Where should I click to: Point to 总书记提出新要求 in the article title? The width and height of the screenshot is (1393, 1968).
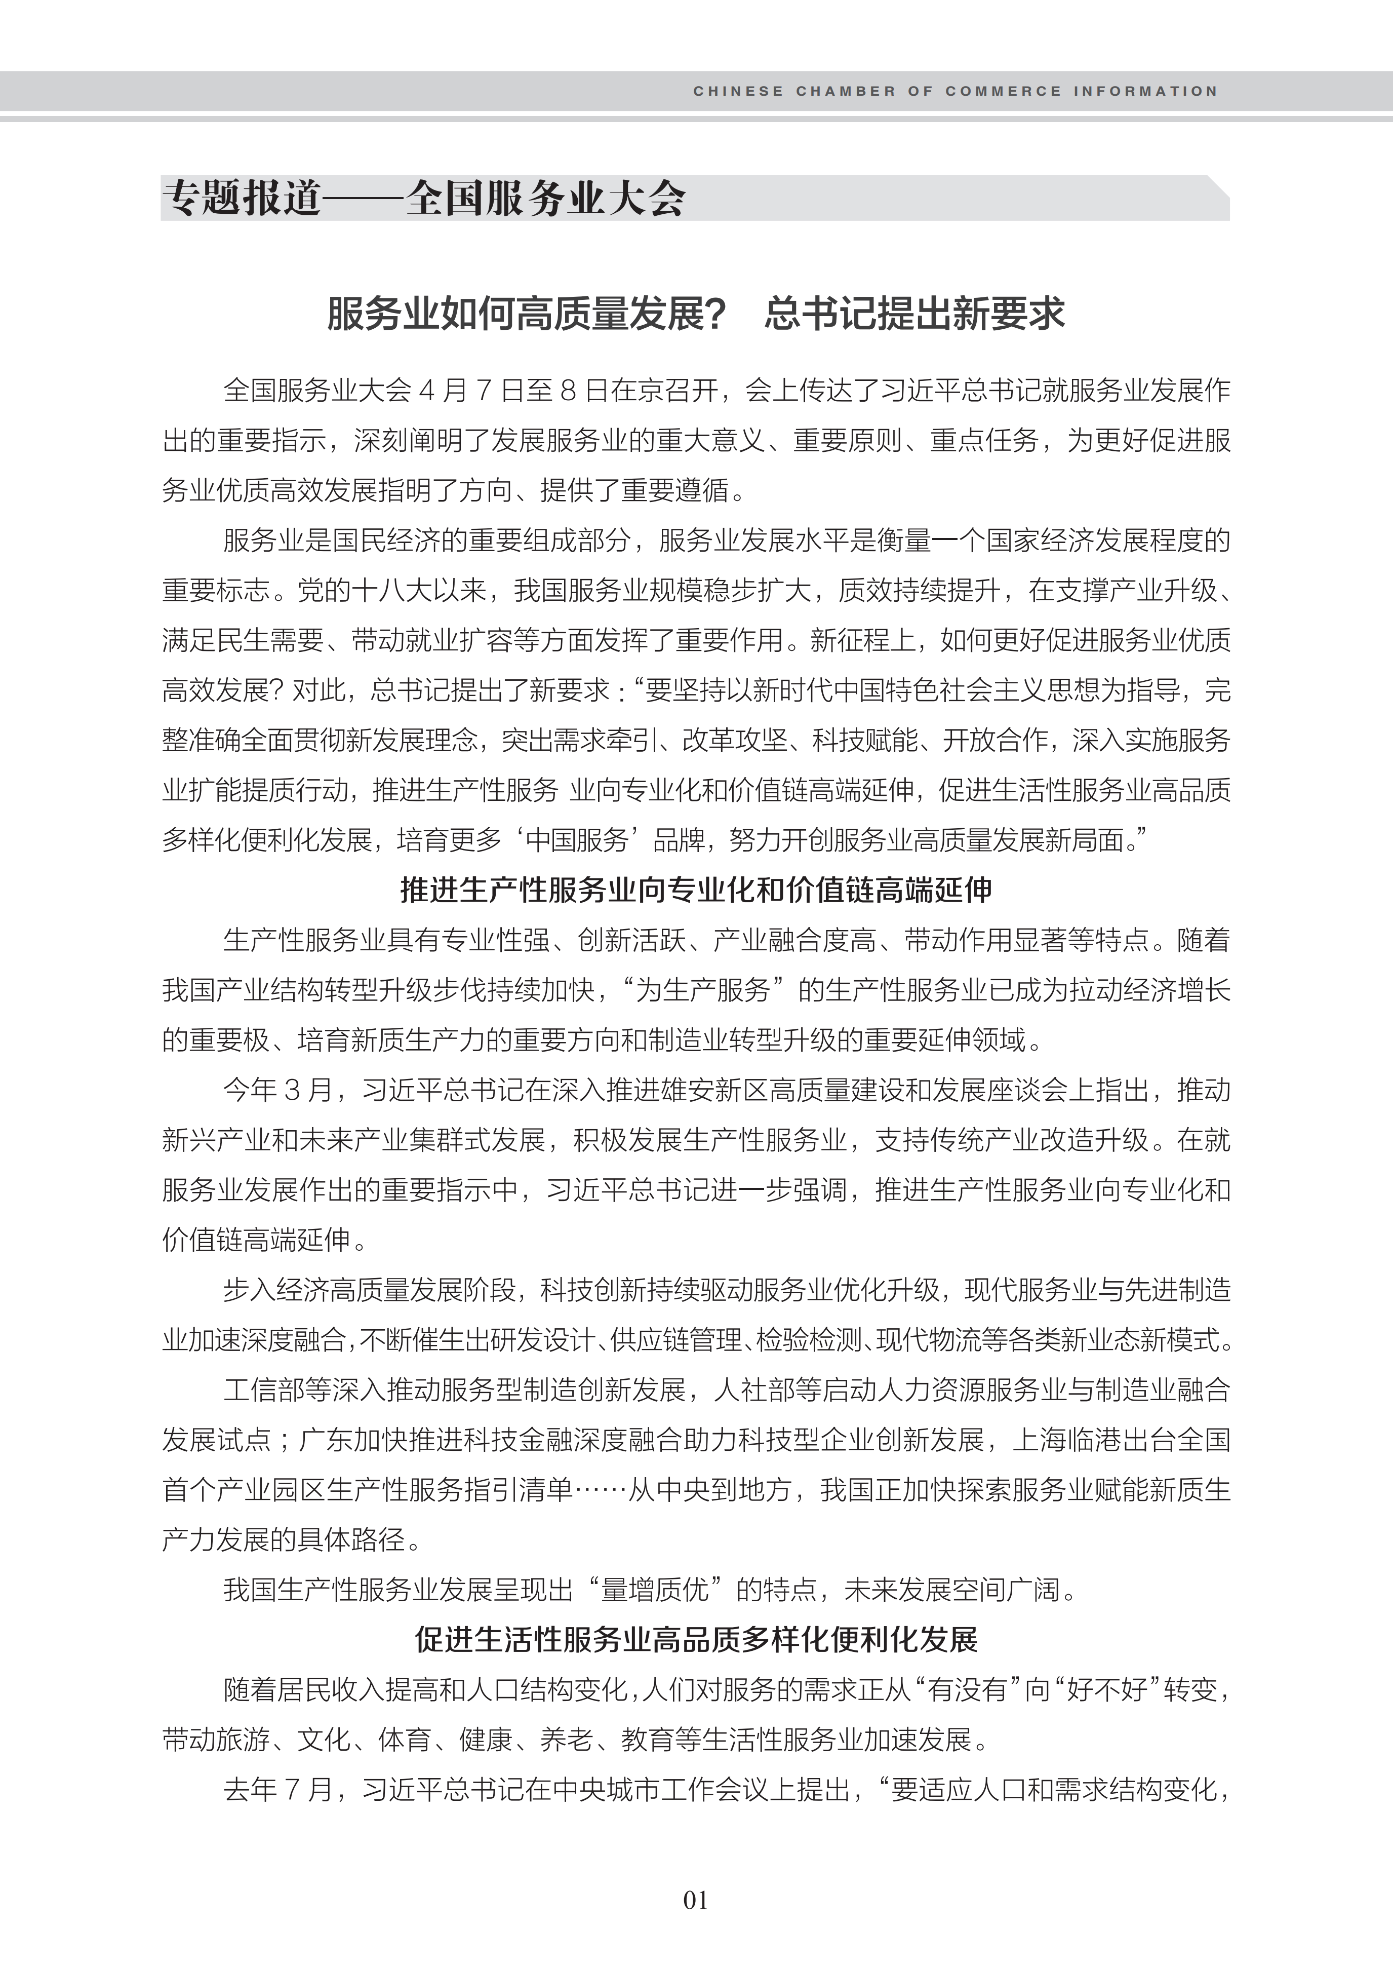[914, 314]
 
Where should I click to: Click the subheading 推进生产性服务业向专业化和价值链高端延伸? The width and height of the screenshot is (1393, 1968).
[696, 891]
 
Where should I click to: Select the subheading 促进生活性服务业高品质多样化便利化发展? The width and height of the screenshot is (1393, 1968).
[696, 1639]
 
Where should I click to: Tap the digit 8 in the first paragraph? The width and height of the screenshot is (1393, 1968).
[566, 391]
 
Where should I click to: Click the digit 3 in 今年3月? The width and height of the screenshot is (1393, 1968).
[293, 1090]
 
